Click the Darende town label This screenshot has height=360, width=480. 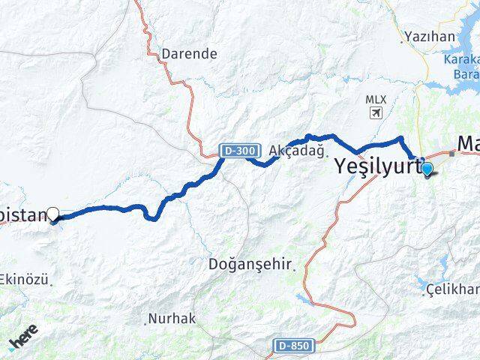point(190,54)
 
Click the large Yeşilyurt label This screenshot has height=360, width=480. point(375,166)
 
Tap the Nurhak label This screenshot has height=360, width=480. point(173,318)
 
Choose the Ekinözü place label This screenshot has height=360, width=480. point(25,280)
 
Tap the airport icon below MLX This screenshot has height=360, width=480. point(375,112)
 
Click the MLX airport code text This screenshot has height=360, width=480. point(375,99)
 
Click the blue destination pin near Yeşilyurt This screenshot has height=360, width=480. point(427,169)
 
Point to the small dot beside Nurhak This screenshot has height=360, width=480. point(145,322)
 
